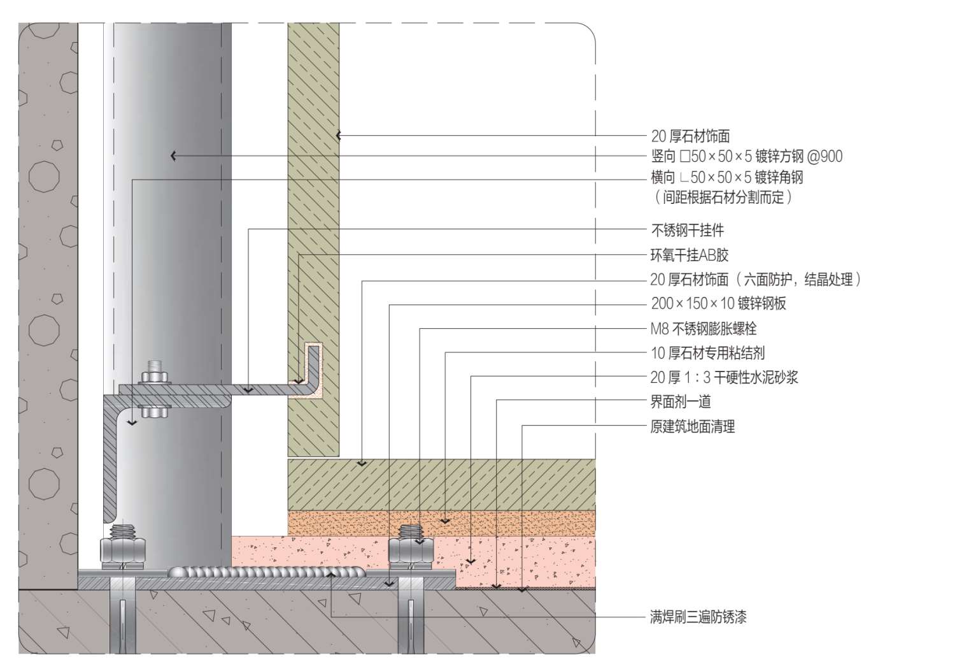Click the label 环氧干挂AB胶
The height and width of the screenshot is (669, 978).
pyautogui.click(x=689, y=255)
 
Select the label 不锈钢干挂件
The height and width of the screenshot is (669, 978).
pyautogui.click(x=687, y=230)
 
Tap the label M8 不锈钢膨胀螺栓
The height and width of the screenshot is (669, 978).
pyautogui.click(x=703, y=329)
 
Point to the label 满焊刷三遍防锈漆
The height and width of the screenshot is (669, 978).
pyautogui.click(x=698, y=617)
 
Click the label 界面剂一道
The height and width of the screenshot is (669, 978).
pyautogui.click(x=680, y=401)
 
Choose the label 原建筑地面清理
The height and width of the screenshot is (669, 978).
pyautogui.click(x=692, y=426)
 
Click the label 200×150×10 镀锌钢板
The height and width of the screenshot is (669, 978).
pyautogui.click(x=718, y=303)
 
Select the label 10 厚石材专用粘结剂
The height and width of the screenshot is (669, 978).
pyautogui.click(x=707, y=353)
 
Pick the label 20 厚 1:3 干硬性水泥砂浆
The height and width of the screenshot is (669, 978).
pyautogui.click(x=724, y=377)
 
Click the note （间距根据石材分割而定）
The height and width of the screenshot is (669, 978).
pyautogui.click(x=723, y=197)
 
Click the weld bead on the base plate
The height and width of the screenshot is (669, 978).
pyautogui.click(x=267, y=572)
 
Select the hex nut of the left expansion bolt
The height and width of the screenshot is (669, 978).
pyautogui.click(x=124, y=549)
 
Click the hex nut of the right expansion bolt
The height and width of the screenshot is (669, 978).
pyautogui.click(x=411, y=549)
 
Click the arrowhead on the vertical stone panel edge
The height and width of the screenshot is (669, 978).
pyautogui.click(x=339, y=135)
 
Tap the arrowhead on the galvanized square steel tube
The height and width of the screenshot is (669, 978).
pyautogui.click(x=173, y=155)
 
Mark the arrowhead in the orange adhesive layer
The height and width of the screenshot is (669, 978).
pyautogui.click(x=445, y=521)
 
